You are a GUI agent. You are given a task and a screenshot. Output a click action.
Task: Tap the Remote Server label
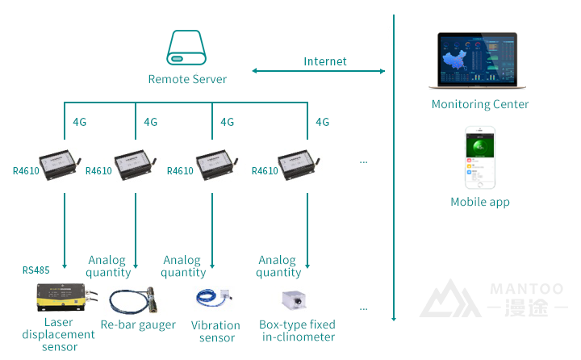pos(187,79)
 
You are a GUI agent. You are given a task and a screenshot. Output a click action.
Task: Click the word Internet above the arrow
pos(325,61)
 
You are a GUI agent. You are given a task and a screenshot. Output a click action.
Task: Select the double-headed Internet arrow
pos(319,71)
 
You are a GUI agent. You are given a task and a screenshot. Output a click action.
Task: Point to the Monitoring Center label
pos(480,104)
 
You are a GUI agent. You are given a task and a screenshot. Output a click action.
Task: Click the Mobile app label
pos(480,202)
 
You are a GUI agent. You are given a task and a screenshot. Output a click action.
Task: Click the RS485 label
pos(36,270)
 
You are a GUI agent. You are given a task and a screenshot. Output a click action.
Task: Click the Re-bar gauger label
pos(138,324)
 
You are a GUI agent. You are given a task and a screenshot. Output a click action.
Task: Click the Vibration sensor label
pos(215,331)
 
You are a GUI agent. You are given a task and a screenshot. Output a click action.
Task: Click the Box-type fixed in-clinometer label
pos(298,331)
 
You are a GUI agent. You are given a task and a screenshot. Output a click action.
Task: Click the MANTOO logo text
pos(529,288)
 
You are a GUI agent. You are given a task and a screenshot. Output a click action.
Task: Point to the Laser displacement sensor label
pos(59,334)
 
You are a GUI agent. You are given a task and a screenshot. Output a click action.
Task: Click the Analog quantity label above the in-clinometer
pos(278,266)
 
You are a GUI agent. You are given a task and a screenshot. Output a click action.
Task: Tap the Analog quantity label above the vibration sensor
pos(182,266)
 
